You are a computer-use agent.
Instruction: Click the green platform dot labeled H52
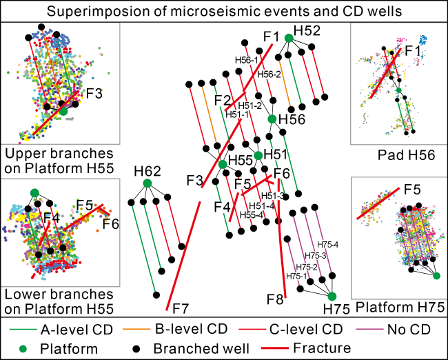coord(289,38)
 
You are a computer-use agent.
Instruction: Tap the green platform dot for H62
coord(147,183)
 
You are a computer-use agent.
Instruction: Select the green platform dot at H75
coord(332,296)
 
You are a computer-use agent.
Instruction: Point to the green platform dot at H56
coord(272,119)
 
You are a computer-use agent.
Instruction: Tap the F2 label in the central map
coord(222,100)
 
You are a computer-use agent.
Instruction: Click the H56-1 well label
coord(247,60)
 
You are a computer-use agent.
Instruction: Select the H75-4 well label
coord(327,244)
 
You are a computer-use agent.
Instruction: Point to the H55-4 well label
coord(252,215)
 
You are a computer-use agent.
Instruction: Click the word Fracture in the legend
coord(321,348)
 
